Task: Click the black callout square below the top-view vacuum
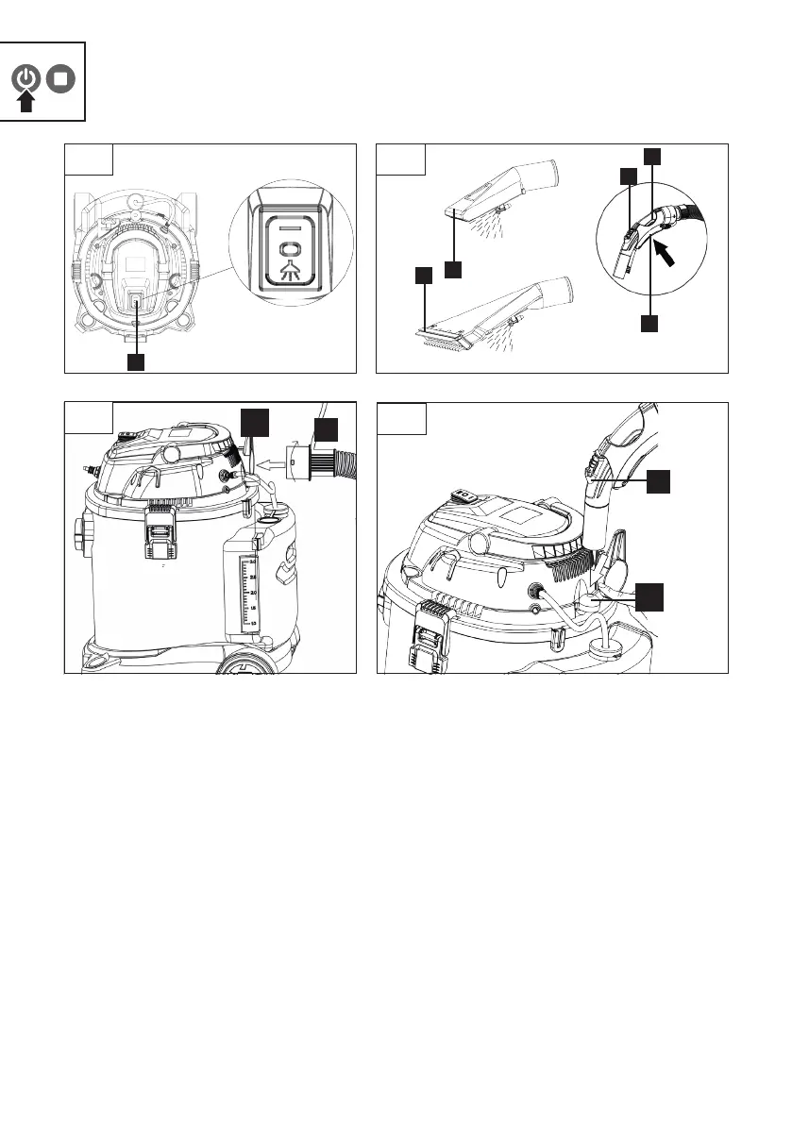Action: pyautogui.click(x=137, y=361)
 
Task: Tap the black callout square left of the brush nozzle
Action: pyautogui.click(x=424, y=276)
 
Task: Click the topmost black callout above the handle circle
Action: pyautogui.click(x=652, y=155)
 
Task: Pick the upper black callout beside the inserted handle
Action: pyautogui.click(x=659, y=482)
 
